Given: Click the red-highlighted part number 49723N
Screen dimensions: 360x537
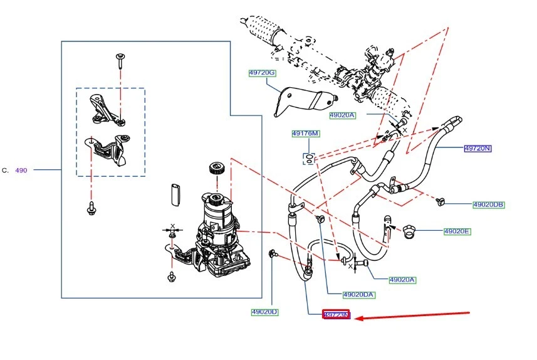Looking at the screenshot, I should click(x=336, y=315).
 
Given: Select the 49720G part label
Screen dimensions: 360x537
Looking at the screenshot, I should click(x=262, y=73).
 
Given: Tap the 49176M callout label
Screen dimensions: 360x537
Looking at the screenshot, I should click(x=305, y=134).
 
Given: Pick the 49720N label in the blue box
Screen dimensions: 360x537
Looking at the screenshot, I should click(x=477, y=149).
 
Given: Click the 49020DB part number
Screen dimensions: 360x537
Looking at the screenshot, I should click(x=489, y=204).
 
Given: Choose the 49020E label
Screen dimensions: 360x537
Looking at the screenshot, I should click(x=457, y=231).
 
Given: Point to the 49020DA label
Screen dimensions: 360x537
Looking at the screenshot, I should click(x=359, y=294).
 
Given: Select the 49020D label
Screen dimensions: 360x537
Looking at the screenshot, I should click(x=264, y=312).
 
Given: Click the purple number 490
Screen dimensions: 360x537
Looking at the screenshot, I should click(x=21, y=170).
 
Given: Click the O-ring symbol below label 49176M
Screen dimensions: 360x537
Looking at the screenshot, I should click(x=309, y=157).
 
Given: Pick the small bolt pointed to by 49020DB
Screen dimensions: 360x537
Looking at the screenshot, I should click(x=441, y=201).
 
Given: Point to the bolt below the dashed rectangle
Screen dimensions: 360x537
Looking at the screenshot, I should click(x=92, y=208).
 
